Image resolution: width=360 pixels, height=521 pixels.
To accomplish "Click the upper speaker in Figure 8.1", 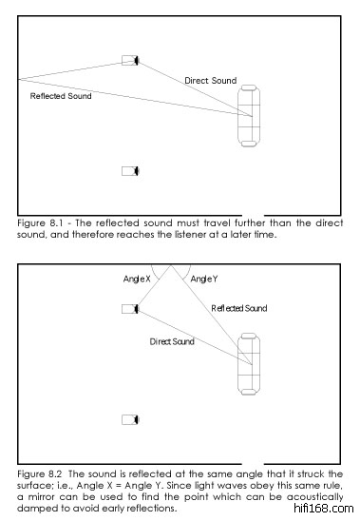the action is pos(130,61).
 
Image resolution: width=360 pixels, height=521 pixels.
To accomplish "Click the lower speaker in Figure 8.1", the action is pos(130,171).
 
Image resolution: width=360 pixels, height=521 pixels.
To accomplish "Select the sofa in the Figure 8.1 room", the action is pos(249,116).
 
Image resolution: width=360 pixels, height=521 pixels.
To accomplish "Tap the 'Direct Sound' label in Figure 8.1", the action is pos(211,81).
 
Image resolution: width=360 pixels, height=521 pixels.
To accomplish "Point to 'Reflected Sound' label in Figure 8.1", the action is pos(61,96).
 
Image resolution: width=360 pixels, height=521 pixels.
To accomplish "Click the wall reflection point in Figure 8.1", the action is pos(19,80).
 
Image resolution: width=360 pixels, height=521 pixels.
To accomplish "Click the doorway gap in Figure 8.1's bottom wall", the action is pos(253,215).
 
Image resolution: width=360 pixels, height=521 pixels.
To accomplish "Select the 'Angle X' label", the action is pos(137,279).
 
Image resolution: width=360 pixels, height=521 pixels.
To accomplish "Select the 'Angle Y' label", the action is pos(204,279).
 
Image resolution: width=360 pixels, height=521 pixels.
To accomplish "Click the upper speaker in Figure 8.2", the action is pos(130,309).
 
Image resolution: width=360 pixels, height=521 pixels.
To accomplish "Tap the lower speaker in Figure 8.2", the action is pos(130,419).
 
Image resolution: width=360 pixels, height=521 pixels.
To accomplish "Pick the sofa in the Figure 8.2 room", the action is pos(249,364).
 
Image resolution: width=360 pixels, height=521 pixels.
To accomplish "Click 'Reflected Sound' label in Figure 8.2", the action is pos(239,308).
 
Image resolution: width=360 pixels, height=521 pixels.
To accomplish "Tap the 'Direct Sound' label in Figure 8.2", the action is pos(172,341).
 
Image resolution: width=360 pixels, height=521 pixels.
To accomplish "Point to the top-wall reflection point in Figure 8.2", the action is pos(171,265).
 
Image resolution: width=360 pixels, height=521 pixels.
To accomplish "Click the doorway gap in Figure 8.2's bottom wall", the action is pos(253,464).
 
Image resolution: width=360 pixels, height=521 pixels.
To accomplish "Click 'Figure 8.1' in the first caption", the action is pos(40,223).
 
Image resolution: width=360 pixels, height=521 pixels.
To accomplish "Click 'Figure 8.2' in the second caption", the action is pos(40,474).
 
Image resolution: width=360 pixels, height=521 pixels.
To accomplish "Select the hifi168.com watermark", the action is pos(324,509).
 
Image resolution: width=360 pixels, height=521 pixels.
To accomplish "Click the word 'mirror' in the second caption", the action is pos(41,497).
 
